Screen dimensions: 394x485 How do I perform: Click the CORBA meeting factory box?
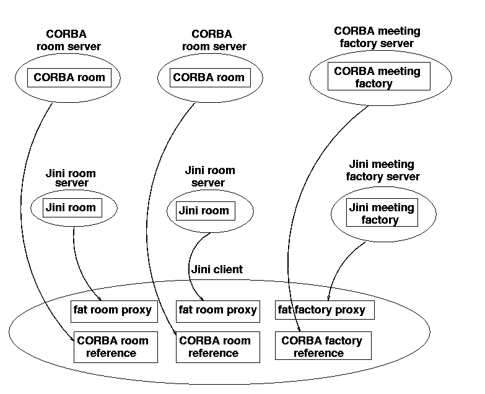click(x=377, y=77)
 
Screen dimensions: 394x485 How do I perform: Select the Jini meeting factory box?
click(x=381, y=213)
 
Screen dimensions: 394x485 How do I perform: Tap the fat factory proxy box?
click(x=325, y=310)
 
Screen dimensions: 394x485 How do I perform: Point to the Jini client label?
click(x=216, y=269)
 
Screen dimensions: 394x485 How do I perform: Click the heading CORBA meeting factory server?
click(x=377, y=37)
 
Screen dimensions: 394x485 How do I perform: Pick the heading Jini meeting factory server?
click(x=382, y=170)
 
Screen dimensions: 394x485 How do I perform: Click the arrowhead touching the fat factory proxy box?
click(x=328, y=299)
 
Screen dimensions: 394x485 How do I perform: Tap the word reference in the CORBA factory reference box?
click(x=318, y=353)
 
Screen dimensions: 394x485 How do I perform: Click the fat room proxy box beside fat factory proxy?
click(x=217, y=310)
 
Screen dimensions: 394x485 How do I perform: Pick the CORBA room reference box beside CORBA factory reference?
click(x=214, y=346)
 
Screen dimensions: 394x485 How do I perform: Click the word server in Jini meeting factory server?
click(x=403, y=177)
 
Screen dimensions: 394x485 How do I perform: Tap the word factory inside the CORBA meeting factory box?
click(x=374, y=84)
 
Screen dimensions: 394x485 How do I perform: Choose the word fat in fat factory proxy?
click(x=285, y=310)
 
